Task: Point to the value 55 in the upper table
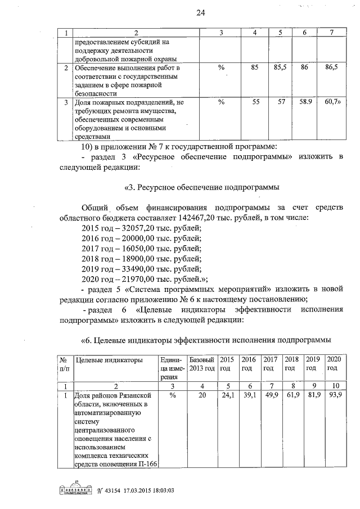pos(254,102)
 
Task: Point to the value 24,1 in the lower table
pos(227,396)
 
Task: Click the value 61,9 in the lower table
pos(291,396)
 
